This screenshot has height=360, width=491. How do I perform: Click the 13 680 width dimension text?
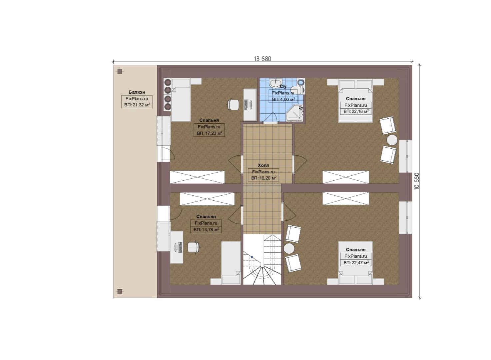pyautogui.click(x=262, y=59)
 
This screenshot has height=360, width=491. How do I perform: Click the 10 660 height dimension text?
pyautogui.click(x=417, y=181)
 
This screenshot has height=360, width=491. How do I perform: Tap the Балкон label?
pyautogui.click(x=137, y=92)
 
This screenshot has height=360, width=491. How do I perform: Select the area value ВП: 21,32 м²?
pyautogui.click(x=137, y=105)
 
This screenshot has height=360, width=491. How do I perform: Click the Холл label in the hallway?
pyautogui.click(x=263, y=165)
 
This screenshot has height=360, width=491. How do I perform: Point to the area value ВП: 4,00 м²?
pyautogui.click(x=283, y=99)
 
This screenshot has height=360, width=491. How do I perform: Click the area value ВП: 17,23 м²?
pyautogui.click(x=209, y=133)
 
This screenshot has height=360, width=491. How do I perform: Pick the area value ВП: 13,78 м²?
pyautogui.click(x=206, y=229)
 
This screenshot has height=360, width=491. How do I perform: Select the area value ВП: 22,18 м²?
pyautogui.click(x=356, y=111)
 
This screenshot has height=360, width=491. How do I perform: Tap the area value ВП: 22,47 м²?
pyautogui.click(x=356, y=262)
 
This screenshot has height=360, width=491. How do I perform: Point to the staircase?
pyautogui.click(x=262, y=260)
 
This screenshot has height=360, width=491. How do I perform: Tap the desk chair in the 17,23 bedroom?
pyautogui.click(x=233, y=104)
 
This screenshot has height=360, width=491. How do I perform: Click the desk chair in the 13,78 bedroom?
pyautogui.click(x=194, y=247)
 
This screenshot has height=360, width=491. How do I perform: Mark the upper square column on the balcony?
pyautogui.click(x=120, y=72)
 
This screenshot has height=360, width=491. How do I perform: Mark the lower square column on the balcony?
pyautogui.click(x=120, y=291)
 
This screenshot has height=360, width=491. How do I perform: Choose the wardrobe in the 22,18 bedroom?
pyautogui.click(x=346, y=177)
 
